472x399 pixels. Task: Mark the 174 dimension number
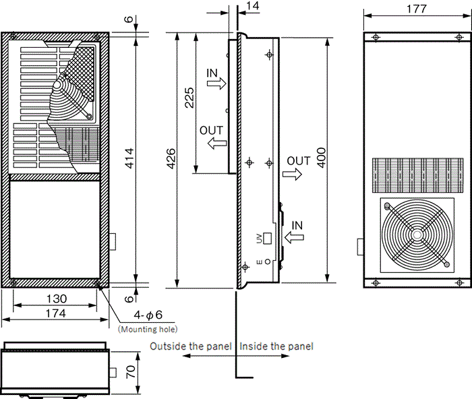(56, 313)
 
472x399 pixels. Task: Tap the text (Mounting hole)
(148, 330)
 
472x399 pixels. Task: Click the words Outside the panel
(191, 346)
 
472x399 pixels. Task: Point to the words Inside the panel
(276, 346)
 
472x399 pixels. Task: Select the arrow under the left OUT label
(216, 143)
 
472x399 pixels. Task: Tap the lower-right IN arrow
(295, 237)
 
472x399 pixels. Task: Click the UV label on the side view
(259, 238)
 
